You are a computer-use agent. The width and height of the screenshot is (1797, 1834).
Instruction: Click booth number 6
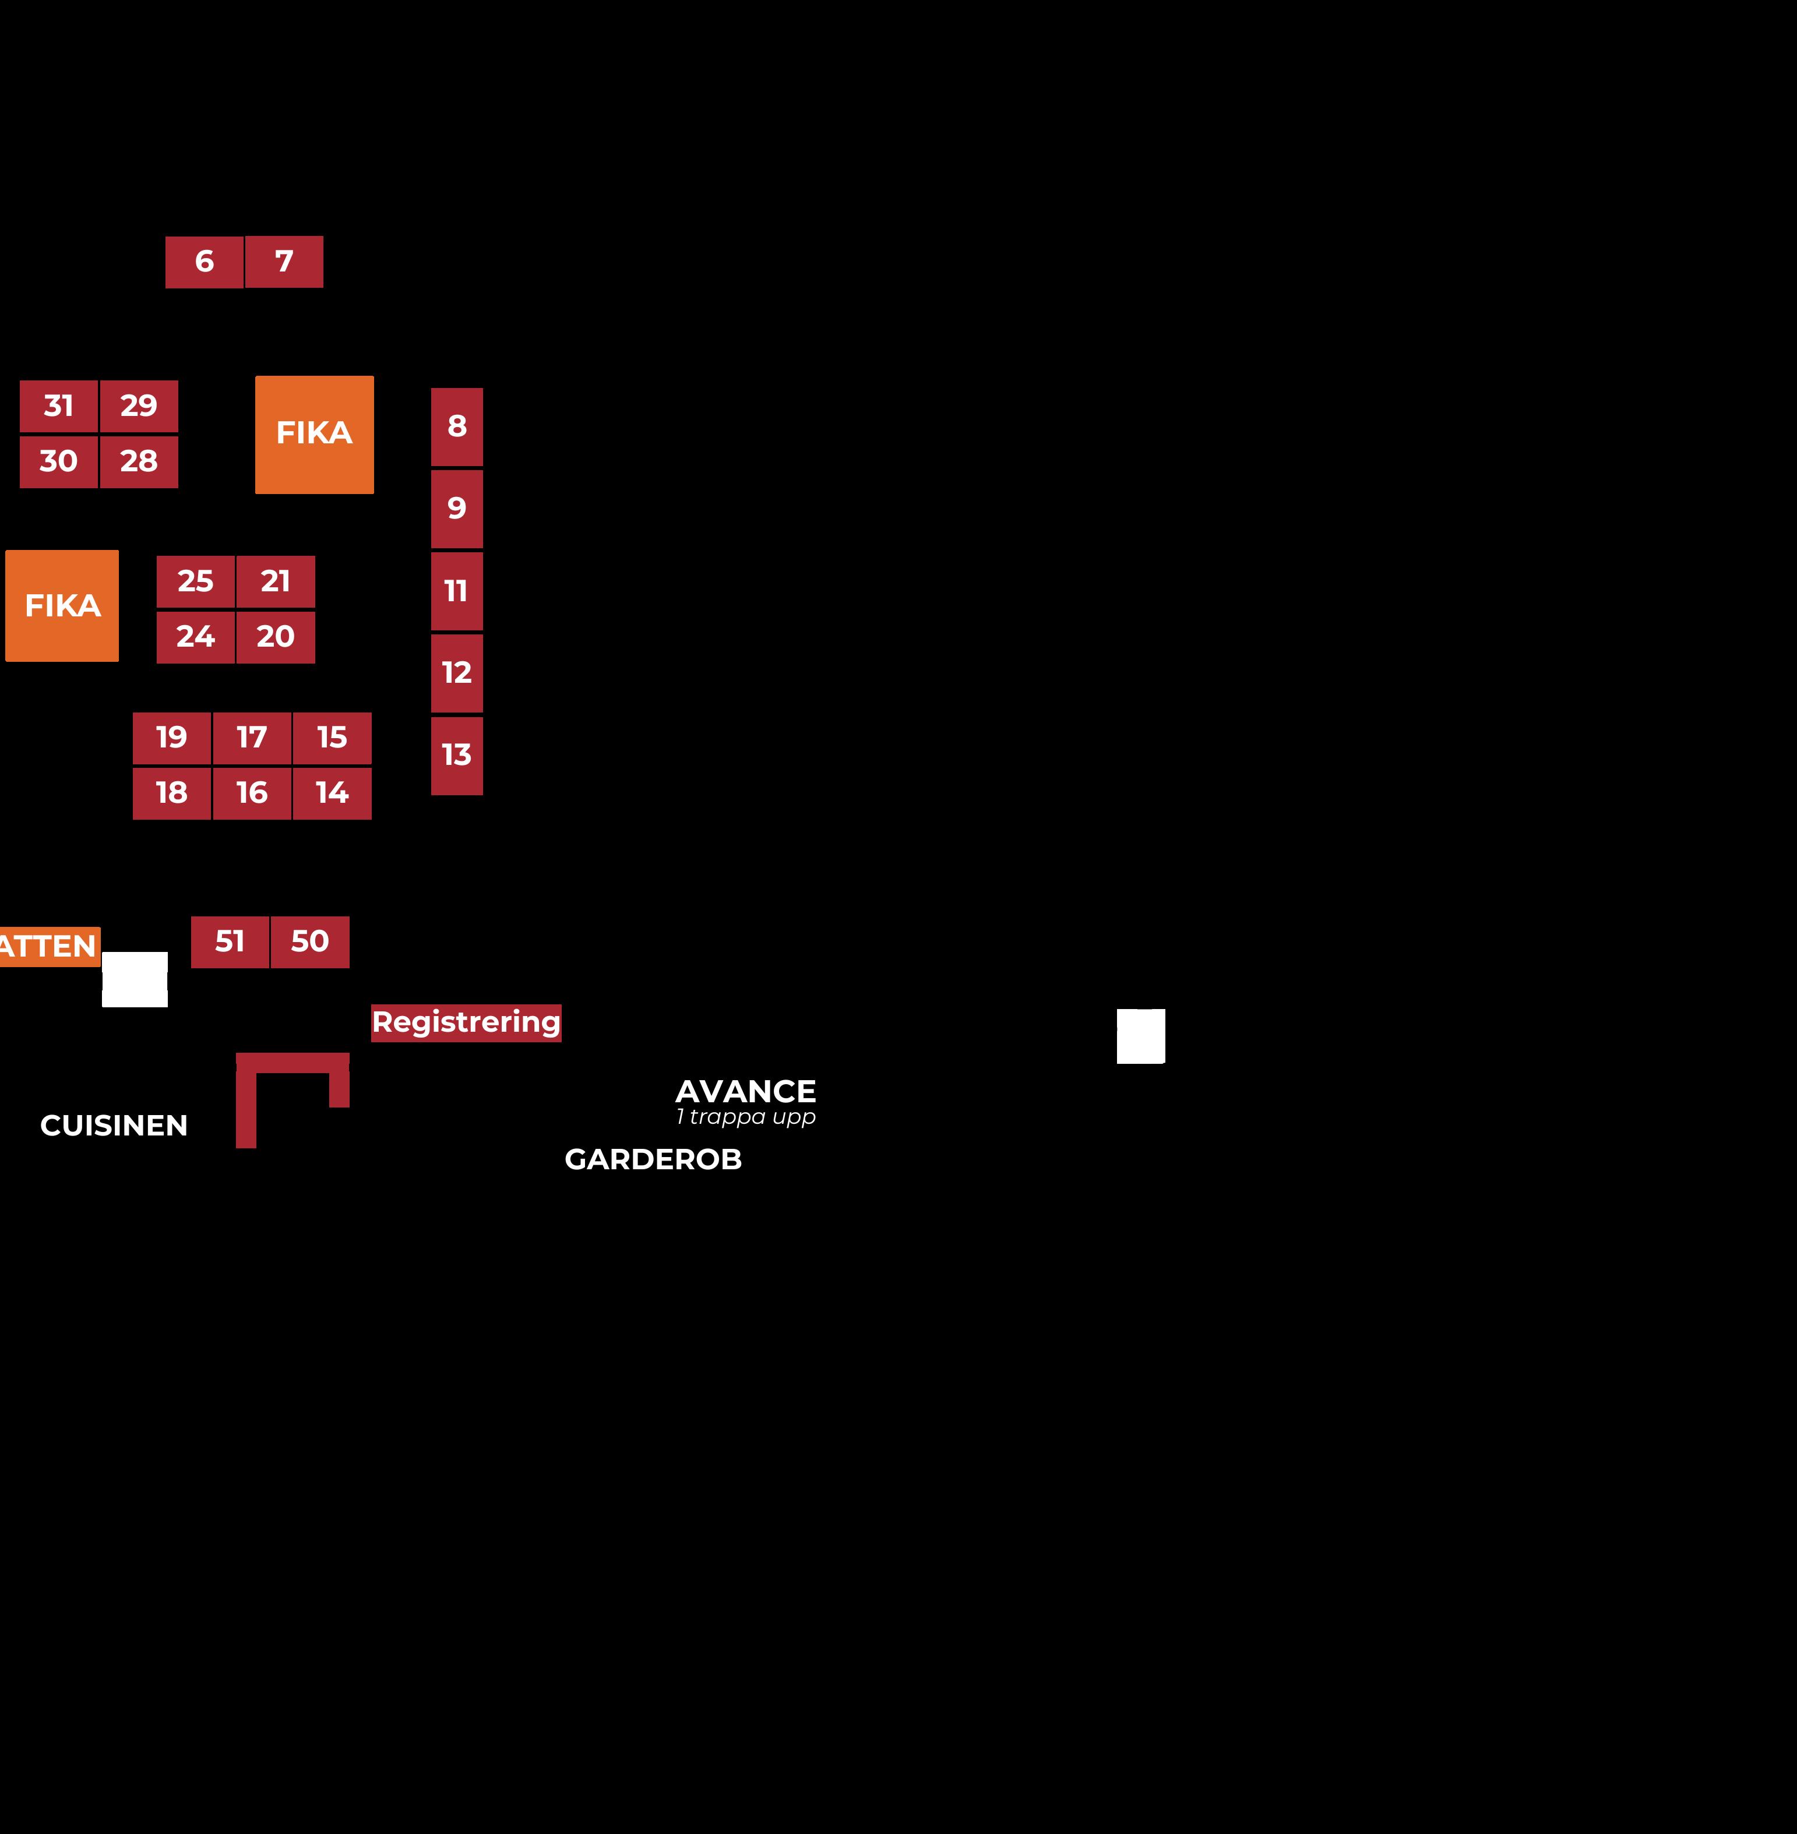coord(204,262)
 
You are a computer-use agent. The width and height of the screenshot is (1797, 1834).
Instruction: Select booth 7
coord(284,262)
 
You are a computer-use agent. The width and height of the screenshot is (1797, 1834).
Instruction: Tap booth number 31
coord(58,405)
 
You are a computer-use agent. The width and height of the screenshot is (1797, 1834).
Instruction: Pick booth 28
coord(139,461)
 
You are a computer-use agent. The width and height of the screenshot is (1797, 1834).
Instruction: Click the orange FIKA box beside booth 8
coord(314,434)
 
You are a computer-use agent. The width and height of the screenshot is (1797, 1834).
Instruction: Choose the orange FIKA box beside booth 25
coord(62,606)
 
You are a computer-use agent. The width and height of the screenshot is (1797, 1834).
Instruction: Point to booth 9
coord(457,509)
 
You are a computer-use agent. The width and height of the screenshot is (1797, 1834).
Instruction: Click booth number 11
coord(457,591)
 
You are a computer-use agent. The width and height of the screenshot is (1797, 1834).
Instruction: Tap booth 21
coord(276,581)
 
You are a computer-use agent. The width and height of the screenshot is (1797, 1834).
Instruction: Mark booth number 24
coord(195,637)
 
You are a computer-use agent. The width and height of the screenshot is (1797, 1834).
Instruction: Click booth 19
coord(172,738)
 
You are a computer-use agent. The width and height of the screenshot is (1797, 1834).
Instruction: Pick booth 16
coord(252,793)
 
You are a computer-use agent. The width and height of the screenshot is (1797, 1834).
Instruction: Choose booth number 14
coord(332,793)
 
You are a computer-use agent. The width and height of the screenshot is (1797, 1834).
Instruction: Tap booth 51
coord(230,941)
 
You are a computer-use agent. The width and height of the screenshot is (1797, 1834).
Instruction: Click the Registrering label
coord(466,1022)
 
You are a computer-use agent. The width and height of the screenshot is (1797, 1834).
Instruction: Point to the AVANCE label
coord(746,1092)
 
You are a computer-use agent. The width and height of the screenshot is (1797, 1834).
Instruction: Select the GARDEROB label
coord(653,1159)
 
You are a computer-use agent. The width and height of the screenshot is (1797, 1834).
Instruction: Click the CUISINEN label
coord(114,1126)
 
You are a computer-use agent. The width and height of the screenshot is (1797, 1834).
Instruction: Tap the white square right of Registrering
coord(1141,1036)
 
